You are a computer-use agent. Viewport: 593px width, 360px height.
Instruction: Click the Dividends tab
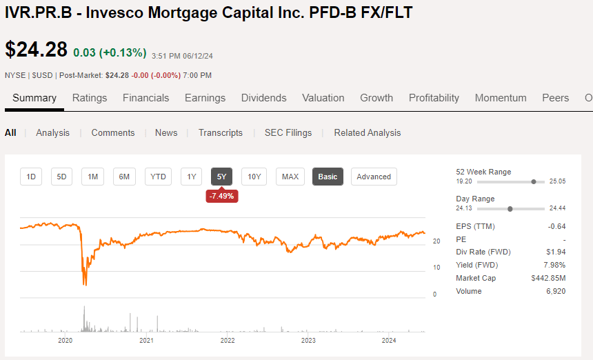(x=263, y=98)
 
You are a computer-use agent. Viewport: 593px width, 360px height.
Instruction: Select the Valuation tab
(x=323, y=98)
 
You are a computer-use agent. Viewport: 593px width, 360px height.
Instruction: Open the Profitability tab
(x=434, y=98)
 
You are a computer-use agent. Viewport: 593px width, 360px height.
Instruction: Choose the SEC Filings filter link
(x=288, y=132)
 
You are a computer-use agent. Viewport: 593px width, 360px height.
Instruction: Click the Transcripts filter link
(x=220, y=132)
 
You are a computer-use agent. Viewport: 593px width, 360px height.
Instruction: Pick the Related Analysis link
(x=367, y=132)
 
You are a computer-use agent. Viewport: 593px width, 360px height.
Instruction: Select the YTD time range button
(x=158, y=177)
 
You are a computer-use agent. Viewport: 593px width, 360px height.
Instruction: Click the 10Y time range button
(x=254, y=177)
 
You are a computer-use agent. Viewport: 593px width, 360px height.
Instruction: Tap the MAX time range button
(x=290, y=177)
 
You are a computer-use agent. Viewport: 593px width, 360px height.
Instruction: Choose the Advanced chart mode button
(x=374, y=177)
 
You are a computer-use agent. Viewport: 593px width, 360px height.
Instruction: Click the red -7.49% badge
(x=222, y=196)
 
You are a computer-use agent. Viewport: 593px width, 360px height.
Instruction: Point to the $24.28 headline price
(x=36, y=50)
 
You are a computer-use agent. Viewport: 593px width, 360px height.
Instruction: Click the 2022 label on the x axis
(x=228, y=340)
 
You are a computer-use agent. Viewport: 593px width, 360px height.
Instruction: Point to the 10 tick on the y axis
(x=436, y=267)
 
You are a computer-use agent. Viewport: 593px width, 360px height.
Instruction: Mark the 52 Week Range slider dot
(x=534, y=181)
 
